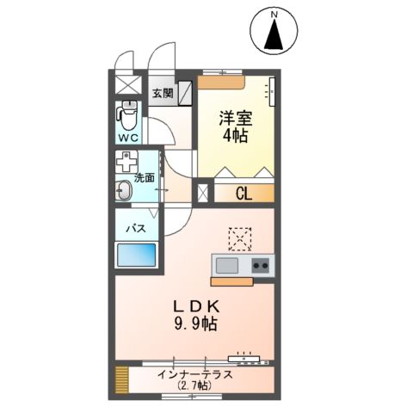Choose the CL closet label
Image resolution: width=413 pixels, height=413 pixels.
[243, 194]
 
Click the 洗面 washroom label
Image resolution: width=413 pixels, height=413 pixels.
[145, 178]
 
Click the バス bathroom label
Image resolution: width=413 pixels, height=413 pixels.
[136, 228]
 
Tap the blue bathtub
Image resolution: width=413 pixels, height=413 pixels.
[136, 256]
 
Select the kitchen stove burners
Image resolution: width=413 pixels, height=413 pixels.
[260, 265]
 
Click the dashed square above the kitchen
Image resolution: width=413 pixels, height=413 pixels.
[238, 236]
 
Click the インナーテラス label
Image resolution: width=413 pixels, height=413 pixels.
[196, 374]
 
